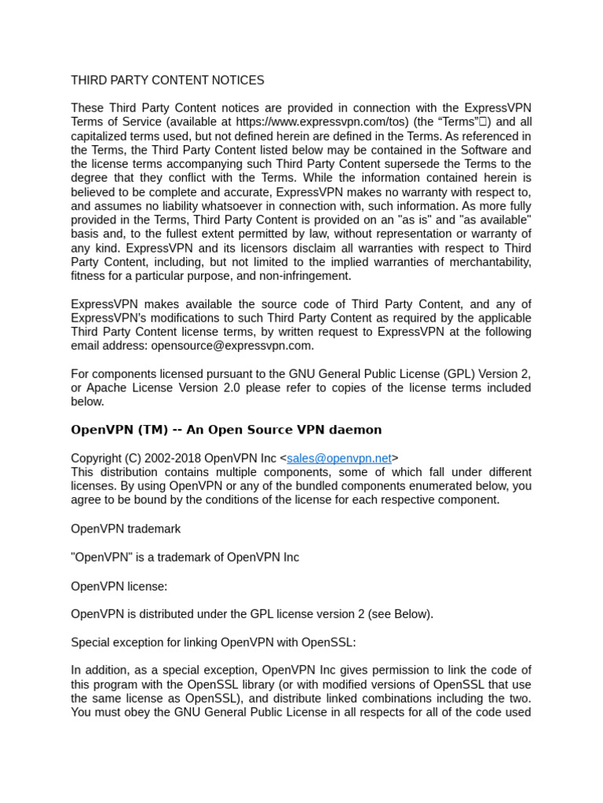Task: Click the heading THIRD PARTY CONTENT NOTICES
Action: pyautogui.click(x=167, y=80)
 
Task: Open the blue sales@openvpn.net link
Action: pyautogui.click(x=339, y=458)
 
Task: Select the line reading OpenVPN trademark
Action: pyautogui.click(x=126, y=529)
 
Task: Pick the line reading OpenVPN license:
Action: pyautogui.click(x=119, y=586)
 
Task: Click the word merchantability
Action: pyautogui.click(x=489, y=262)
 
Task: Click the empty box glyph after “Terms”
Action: pyautogui.click(x=484, y=122)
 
